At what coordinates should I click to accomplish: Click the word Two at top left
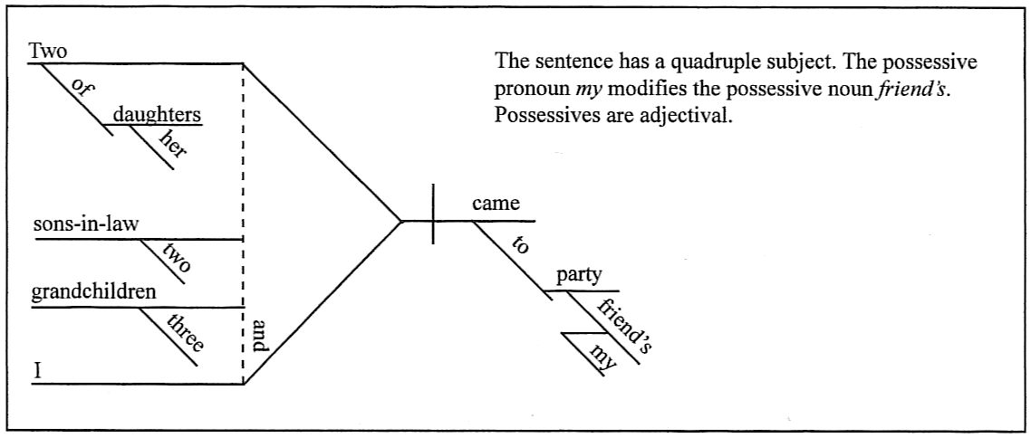[x=48, y=52]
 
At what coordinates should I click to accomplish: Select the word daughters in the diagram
[x=157, y=115]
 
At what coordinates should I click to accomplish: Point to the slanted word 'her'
[x=172, y=143]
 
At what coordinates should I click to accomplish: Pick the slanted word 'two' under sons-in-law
[x=177, y=258]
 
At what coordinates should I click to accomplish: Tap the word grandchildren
[x=93, y=292]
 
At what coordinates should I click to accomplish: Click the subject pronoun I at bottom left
[x=37, y=370]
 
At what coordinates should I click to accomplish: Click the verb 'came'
[x=496, y=205]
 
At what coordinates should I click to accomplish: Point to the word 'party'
[x=579, y=276]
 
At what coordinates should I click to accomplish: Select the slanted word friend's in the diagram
[x=624, y=324]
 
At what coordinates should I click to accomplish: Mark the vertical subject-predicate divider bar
[x=433, y=214]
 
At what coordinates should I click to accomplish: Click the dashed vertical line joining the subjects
[x=243, y=181]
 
